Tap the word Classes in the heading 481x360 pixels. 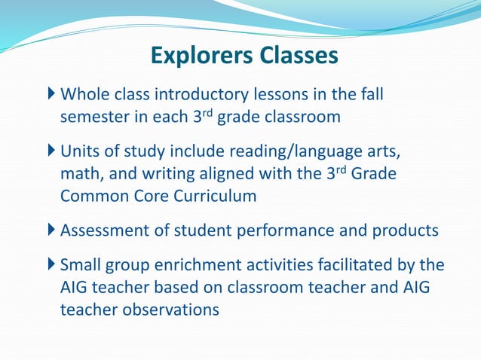(296, 56)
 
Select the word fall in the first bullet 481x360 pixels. (378, 95)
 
